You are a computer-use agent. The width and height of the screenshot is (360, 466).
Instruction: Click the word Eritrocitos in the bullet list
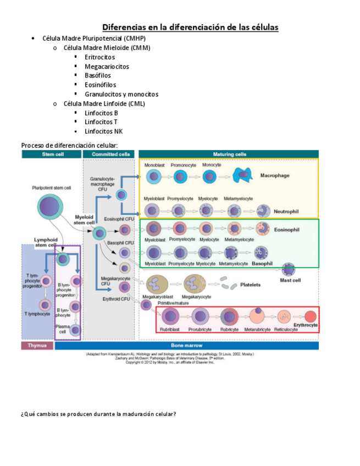point(99,57)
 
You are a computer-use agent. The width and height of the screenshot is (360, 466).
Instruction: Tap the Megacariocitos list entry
point(107,66)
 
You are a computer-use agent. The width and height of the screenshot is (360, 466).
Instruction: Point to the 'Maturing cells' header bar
point(229,154)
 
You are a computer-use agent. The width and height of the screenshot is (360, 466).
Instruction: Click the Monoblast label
point(154,165)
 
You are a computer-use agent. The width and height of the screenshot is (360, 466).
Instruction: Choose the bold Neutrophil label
point(286,211)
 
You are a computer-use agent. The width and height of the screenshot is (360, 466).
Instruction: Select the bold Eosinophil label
point(286,229)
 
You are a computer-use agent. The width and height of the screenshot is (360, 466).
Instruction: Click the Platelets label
point(251,285)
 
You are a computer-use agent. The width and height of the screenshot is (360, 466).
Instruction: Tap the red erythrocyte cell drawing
point(311,317)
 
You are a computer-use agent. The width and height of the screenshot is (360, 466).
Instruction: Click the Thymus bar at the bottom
point(37,346)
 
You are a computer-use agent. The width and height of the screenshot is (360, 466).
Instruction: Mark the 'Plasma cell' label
point(62,329)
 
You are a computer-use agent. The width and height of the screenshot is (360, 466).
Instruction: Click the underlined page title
point(191,27)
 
